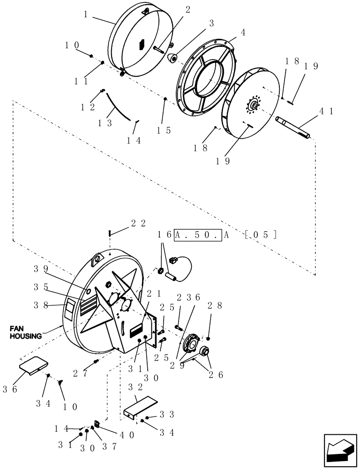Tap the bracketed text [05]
coord(261,234)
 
